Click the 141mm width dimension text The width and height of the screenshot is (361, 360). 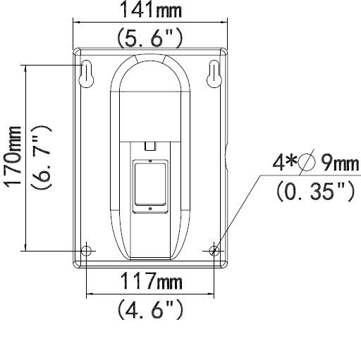[x=149, y=11]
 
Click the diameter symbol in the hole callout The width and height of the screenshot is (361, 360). [x=306, y=165]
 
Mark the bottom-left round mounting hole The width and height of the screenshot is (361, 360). [x=86, y=250]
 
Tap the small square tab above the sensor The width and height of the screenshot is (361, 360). [x=149, y=146]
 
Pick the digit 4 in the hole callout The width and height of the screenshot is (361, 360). [x=279, y=165]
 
